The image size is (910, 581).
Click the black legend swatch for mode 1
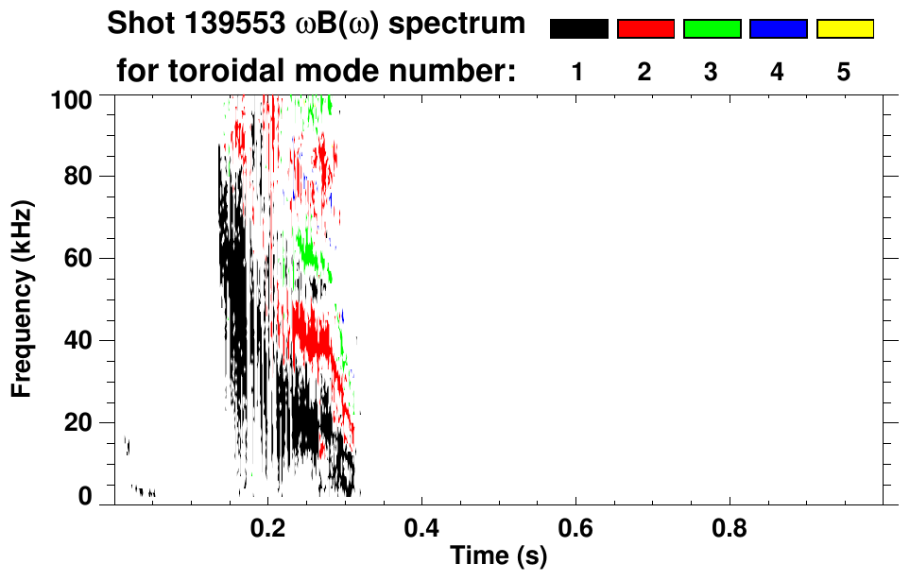click(578, 29)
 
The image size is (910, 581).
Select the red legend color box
click(645, 29)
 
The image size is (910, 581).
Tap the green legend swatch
click(712, 29)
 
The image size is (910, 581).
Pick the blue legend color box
click(778, 29)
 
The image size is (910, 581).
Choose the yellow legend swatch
click(844, 29)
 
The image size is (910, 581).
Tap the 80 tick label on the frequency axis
click(82, 177)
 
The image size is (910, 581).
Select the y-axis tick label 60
click(82, 258)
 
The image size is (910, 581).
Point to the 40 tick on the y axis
click(82, 340)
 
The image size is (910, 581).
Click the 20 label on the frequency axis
click(82, 422)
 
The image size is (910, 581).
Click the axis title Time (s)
click(498, 556)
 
